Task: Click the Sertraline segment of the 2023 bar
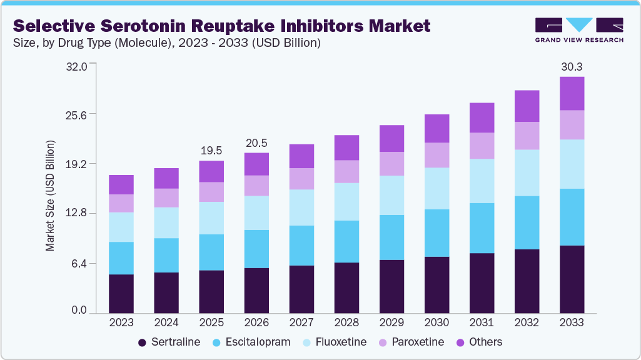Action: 121,293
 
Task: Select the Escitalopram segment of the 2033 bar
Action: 572,217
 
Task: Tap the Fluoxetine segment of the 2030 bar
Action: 437,188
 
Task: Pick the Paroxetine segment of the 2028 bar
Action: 346,171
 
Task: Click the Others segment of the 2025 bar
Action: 211,171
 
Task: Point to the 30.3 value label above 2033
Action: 572,66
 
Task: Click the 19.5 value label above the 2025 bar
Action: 211,151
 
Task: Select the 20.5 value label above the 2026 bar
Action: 256,142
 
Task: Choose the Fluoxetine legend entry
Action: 336,342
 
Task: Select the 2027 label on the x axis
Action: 301,322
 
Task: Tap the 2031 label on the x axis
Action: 482,322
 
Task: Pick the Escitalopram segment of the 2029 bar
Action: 391,237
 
